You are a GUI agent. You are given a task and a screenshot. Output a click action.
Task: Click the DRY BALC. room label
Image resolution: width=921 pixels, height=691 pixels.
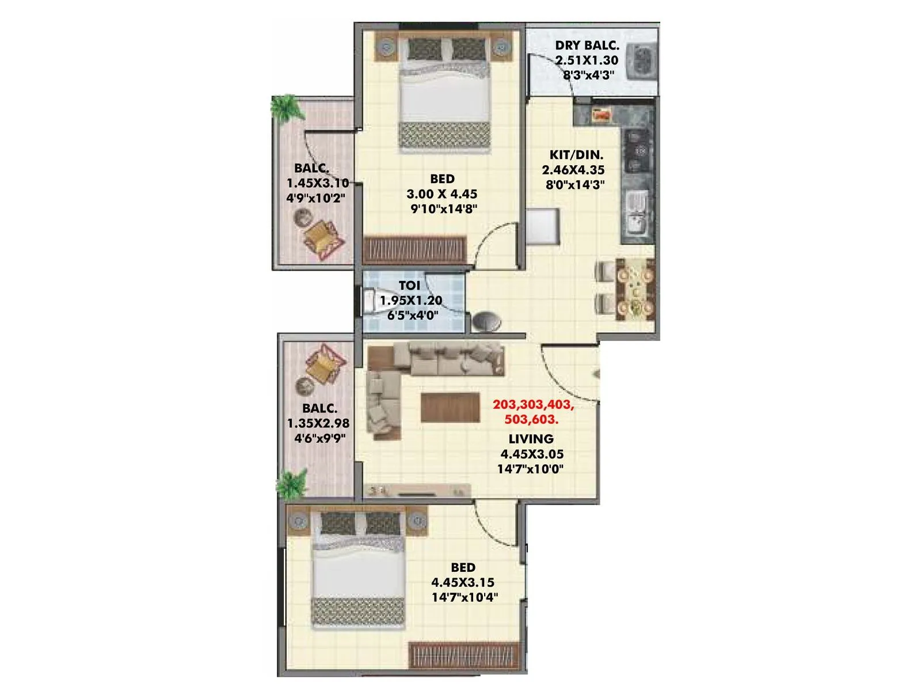(587, 45)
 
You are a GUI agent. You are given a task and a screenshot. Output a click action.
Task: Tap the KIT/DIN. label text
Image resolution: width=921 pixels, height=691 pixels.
(576, 155)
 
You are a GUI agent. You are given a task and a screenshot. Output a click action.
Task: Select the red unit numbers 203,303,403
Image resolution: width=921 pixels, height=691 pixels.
(533, 404)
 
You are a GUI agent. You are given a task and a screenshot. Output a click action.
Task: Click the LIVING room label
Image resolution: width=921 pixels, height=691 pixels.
(531, 439)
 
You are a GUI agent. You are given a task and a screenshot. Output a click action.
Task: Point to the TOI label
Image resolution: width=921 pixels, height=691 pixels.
(409, 286)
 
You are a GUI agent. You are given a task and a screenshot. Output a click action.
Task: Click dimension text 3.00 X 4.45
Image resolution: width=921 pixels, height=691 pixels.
(442, 194)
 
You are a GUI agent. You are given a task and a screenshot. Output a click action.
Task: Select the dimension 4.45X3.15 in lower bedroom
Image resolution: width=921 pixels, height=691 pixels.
(463, 582)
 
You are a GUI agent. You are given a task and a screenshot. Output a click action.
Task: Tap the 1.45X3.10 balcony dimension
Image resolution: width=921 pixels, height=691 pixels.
(318, 184)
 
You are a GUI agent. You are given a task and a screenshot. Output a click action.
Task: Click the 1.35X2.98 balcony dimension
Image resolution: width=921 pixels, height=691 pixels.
(318, 423)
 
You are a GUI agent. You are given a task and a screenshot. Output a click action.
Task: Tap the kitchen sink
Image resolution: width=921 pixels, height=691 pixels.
(636, 213)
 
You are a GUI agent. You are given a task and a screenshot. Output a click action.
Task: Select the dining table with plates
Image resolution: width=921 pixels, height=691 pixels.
(636, 290)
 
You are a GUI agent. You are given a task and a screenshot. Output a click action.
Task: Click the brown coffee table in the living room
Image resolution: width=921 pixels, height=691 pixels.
(450, 407)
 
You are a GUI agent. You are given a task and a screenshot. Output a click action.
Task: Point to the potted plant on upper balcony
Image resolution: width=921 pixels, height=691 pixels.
(286, 108)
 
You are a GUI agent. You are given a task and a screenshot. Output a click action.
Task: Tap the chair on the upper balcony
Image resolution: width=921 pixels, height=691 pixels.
(323, 238)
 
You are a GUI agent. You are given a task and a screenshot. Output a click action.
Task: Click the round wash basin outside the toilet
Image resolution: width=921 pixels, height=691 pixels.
(486, 321)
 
